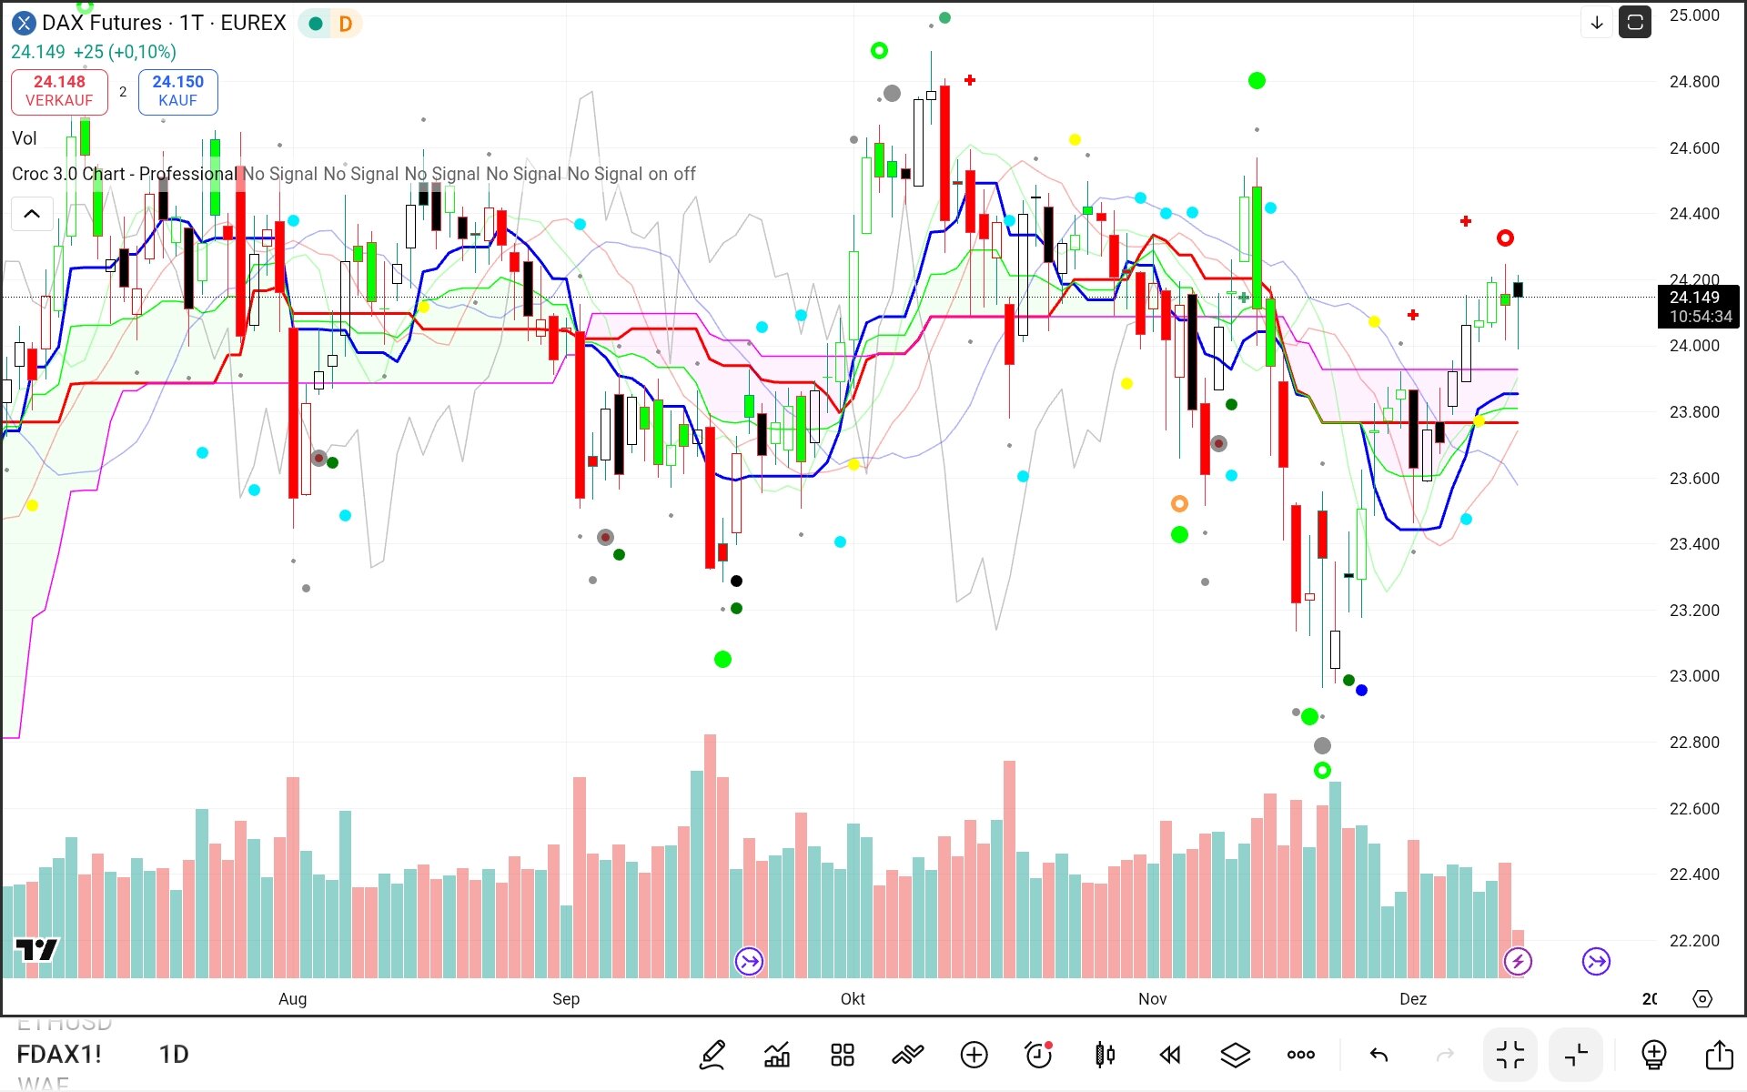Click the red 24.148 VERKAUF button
(59, 91)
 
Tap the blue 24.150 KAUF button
(177, 91)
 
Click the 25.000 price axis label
(1693, 15)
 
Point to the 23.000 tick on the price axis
(1693, 676)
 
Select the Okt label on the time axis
(853, 999)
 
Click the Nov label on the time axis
(1152, 999)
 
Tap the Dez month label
(1412, 999)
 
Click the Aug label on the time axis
(292, 999)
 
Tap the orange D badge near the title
(345, 24)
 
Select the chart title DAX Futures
(102, 23)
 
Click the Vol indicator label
(25, 138)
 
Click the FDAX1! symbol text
(59, 1055)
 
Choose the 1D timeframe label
(174, 1055)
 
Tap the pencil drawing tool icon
(712, 1055)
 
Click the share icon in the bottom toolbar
(1718, 1055)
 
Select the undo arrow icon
(1378, 1055)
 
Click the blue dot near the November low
(1361, 691)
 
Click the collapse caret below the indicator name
(32, 214)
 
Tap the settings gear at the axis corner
(1702, 999)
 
